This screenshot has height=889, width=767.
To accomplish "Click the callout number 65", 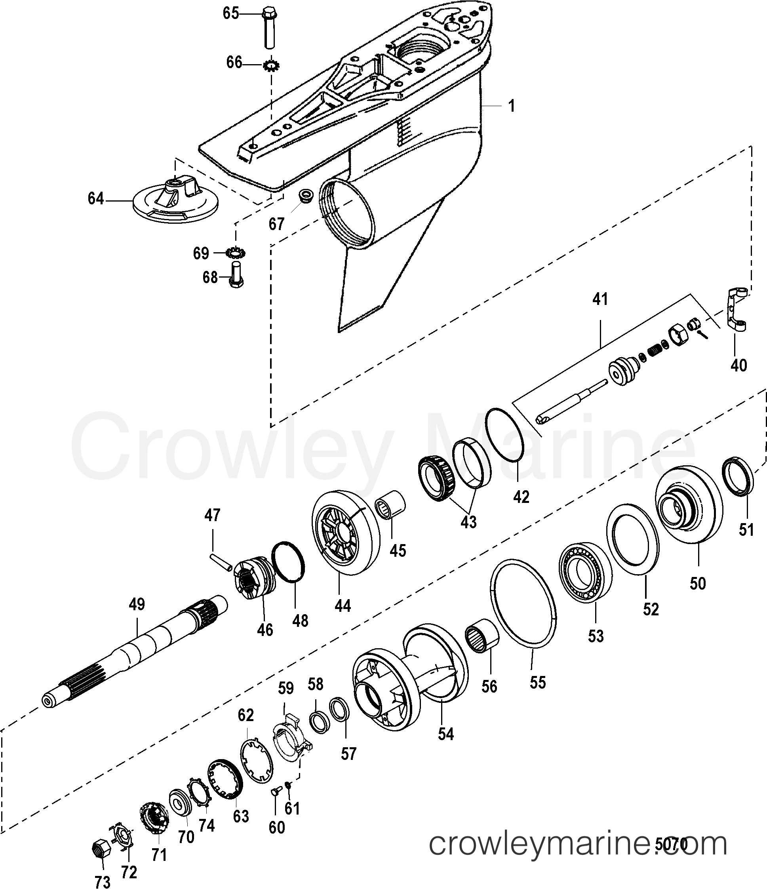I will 230,13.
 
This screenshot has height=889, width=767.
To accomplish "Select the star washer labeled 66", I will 272,66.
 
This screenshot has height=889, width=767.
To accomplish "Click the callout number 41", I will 600,299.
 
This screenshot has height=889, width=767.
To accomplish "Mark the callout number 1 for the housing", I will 511,106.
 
